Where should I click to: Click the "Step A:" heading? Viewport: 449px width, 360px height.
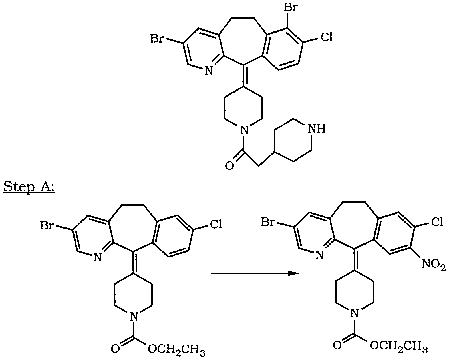[29, 187]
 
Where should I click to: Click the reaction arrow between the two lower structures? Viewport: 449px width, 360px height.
[255, 273]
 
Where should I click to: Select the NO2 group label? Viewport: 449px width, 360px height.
[434, 264]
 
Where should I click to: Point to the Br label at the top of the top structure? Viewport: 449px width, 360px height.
[290, 8]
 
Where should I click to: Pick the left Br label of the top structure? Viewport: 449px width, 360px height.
[157, 39]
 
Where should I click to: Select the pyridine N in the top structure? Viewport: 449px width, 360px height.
[208, 71]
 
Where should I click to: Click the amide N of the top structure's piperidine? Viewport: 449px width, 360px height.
[245, 130]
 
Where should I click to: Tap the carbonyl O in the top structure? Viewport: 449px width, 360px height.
[230, 166]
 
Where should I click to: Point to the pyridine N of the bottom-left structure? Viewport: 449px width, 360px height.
[98, 257]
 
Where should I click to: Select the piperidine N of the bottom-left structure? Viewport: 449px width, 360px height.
[134, 317]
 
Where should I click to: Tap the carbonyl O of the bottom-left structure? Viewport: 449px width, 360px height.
[115, 349]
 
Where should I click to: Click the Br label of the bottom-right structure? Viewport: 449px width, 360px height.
[268, 222]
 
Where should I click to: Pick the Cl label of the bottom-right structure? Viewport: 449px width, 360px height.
[437, 222]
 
